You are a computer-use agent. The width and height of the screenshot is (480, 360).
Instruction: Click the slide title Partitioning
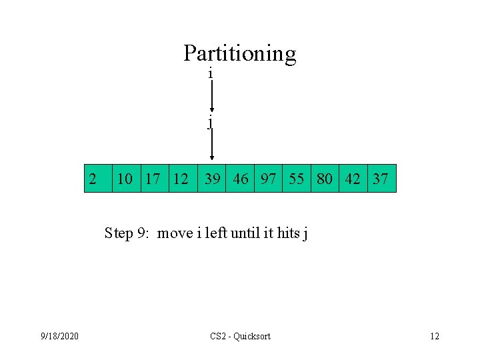(x=239, y=53)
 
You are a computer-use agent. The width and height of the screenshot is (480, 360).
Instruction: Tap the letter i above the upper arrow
(x=211, y=73)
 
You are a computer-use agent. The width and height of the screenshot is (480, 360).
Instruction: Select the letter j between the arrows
(x=211, y=121)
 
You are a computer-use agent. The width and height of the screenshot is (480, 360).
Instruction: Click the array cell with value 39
(x=212, y=179)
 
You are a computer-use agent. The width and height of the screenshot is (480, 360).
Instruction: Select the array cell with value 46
(x=240, y=179)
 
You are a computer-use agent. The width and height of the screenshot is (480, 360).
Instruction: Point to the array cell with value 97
(x=269, y=179)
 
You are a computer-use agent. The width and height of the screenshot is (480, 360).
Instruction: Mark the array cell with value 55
(x=297, y=179)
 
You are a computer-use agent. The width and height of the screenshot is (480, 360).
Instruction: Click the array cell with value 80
(x=325, y=179)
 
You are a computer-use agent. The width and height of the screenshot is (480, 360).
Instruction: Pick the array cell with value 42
(x=353, y=179)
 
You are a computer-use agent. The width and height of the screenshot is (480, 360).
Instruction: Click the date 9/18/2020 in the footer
(x=59, y=336)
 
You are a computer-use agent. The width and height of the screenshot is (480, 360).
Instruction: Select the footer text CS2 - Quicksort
(x=240, y=336)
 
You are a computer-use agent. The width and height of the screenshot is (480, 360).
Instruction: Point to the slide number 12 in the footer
(x=435, y=336)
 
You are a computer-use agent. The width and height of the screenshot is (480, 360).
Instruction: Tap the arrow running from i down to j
(x=211, y=97)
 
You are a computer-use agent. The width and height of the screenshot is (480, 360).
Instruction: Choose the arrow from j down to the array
(x=211, y=145)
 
